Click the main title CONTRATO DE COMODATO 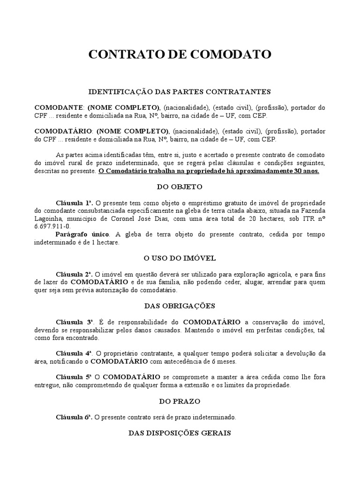(x=180, y=55)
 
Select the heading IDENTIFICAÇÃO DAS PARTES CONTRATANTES (x=180, y=92)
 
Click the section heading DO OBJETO (x=180, y=187)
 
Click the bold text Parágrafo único (x=82, y=234)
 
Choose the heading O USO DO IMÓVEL (x=180, y=258)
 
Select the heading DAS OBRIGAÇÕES (x=180, y=306)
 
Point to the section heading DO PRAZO (x=180, y=401)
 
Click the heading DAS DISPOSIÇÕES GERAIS (x=180, y=433)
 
